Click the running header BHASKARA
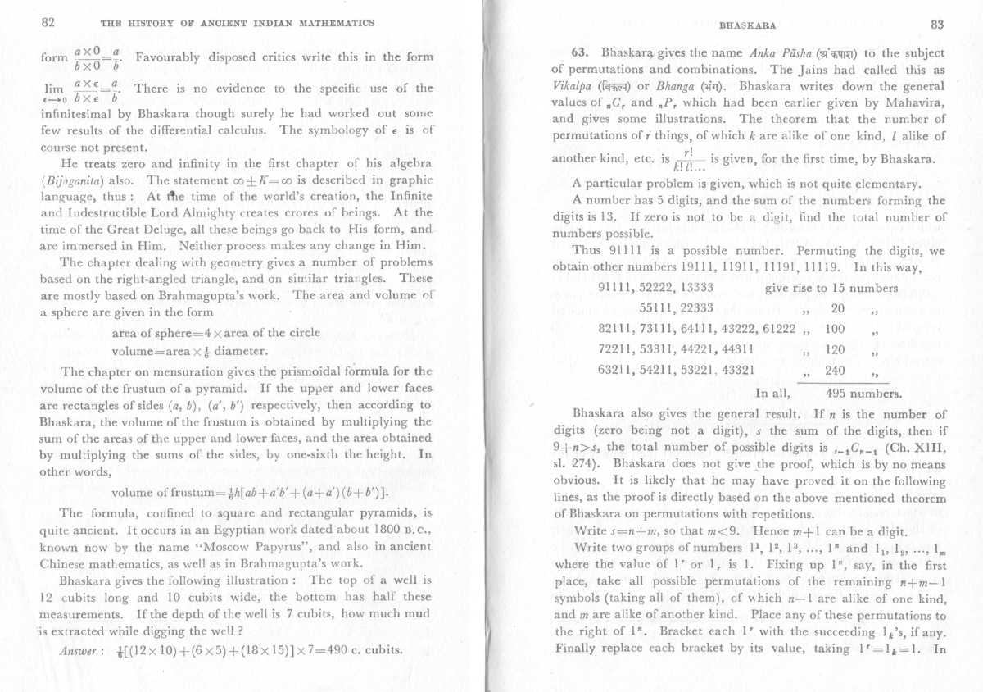742,25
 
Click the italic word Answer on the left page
75,649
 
